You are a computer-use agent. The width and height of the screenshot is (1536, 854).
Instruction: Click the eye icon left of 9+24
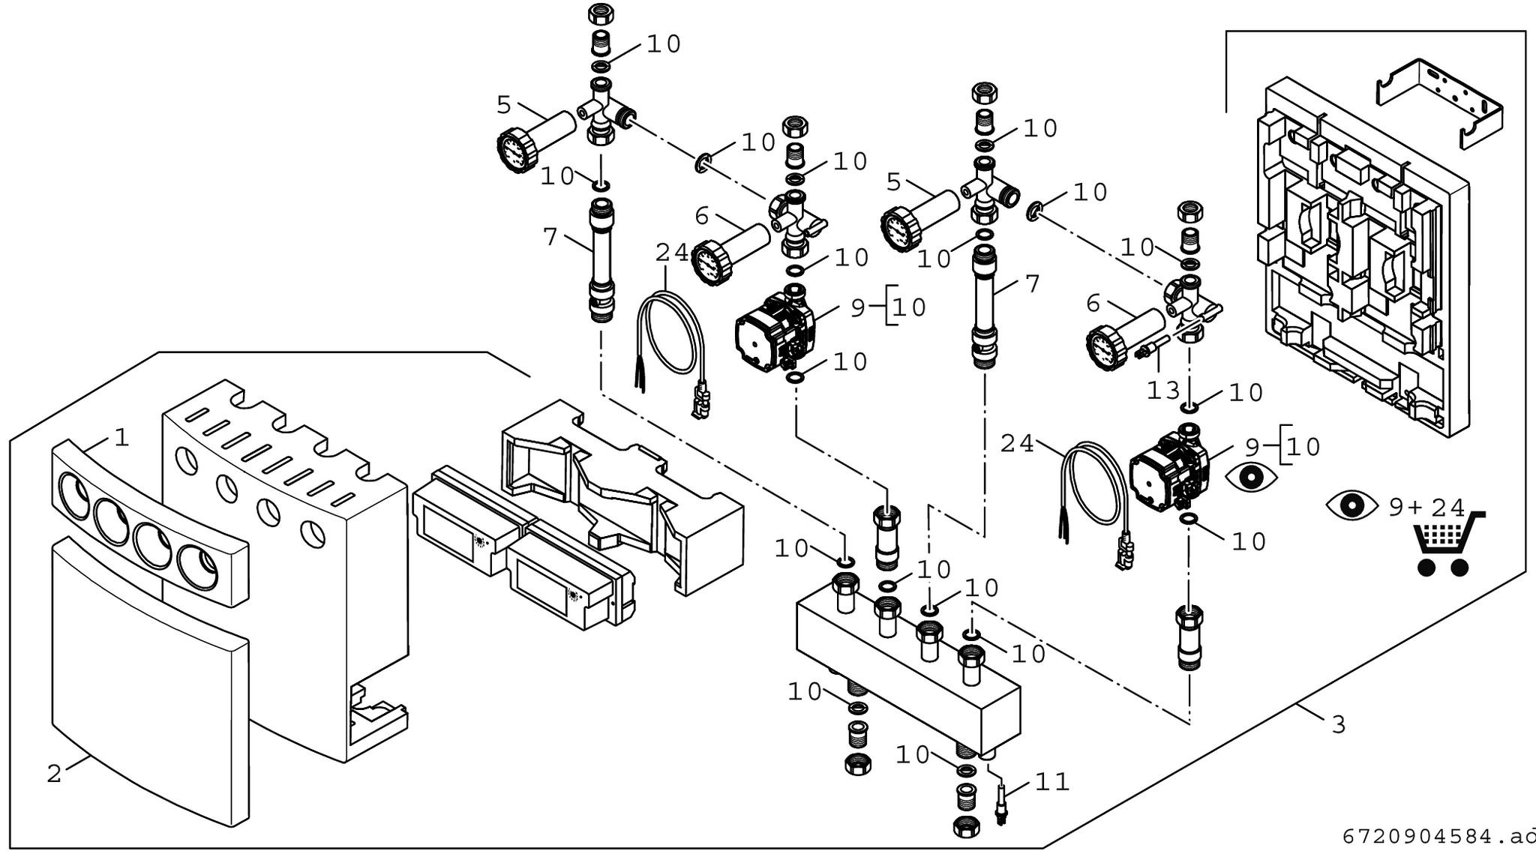click(x=1351, y=505)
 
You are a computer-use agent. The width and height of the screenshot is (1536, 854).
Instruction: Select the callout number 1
click(x=121, y=438)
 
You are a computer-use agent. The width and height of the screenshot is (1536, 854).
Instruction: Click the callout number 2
click(x=54, y=774)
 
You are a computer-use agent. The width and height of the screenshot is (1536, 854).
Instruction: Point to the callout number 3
click(x=1339, y=725)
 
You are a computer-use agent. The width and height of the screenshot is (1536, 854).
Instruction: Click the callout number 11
click(x=1051, y=783)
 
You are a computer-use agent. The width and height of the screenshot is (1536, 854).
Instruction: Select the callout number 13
click(x=1163, y=391)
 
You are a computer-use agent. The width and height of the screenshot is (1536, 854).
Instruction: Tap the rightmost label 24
click(x=1017, y=444)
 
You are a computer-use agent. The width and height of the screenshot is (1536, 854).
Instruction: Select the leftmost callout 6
click(x=701, y=217)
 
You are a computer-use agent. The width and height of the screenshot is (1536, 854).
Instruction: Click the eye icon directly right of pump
click(x=1252, y=478)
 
